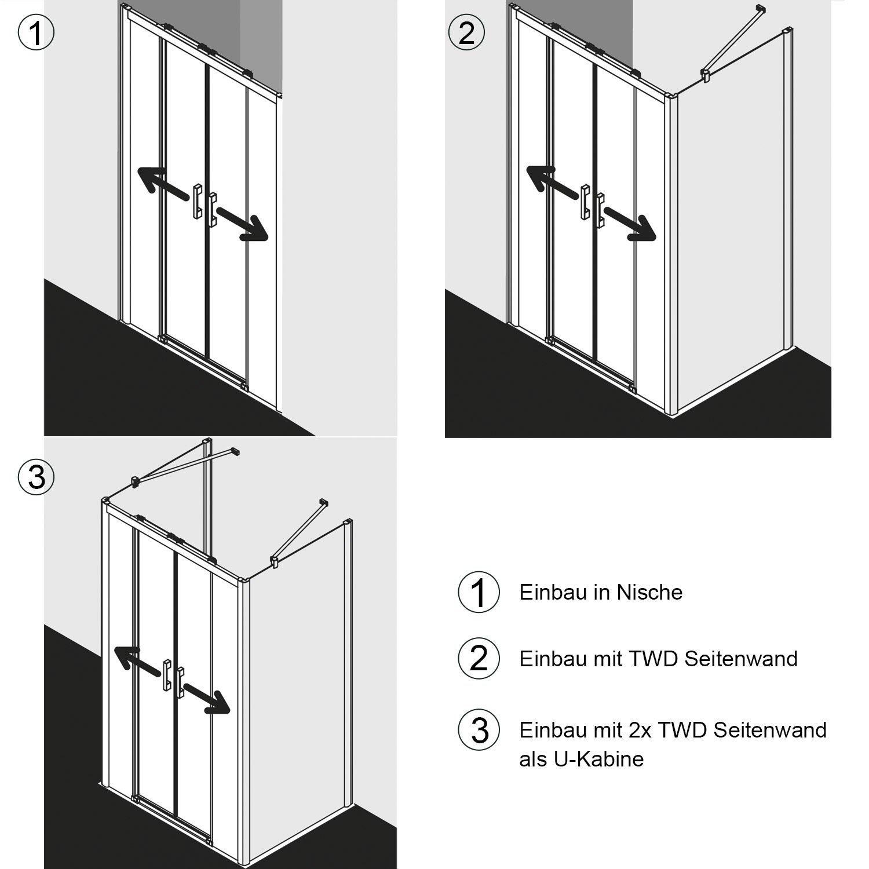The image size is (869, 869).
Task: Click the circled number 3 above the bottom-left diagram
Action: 36,478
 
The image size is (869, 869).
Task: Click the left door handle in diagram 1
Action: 197,201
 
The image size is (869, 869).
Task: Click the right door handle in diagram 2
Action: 600,209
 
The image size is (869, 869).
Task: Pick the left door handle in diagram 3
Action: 167,675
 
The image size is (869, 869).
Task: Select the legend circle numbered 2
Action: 479,659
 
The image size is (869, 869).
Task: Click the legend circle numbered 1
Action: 479,592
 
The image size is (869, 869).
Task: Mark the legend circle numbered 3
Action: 479,730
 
